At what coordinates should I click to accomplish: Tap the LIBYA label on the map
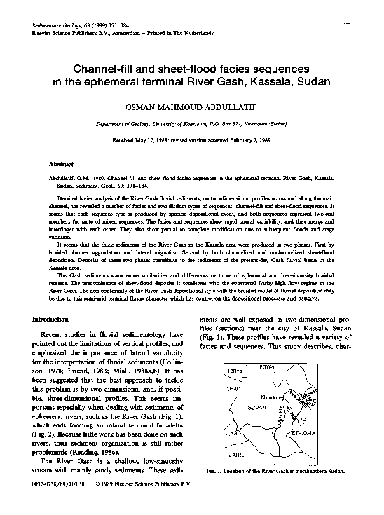pyautogui.click(x=235, y=369)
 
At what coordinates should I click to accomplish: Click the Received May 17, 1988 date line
pyautogui.click(x=191, y=139)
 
